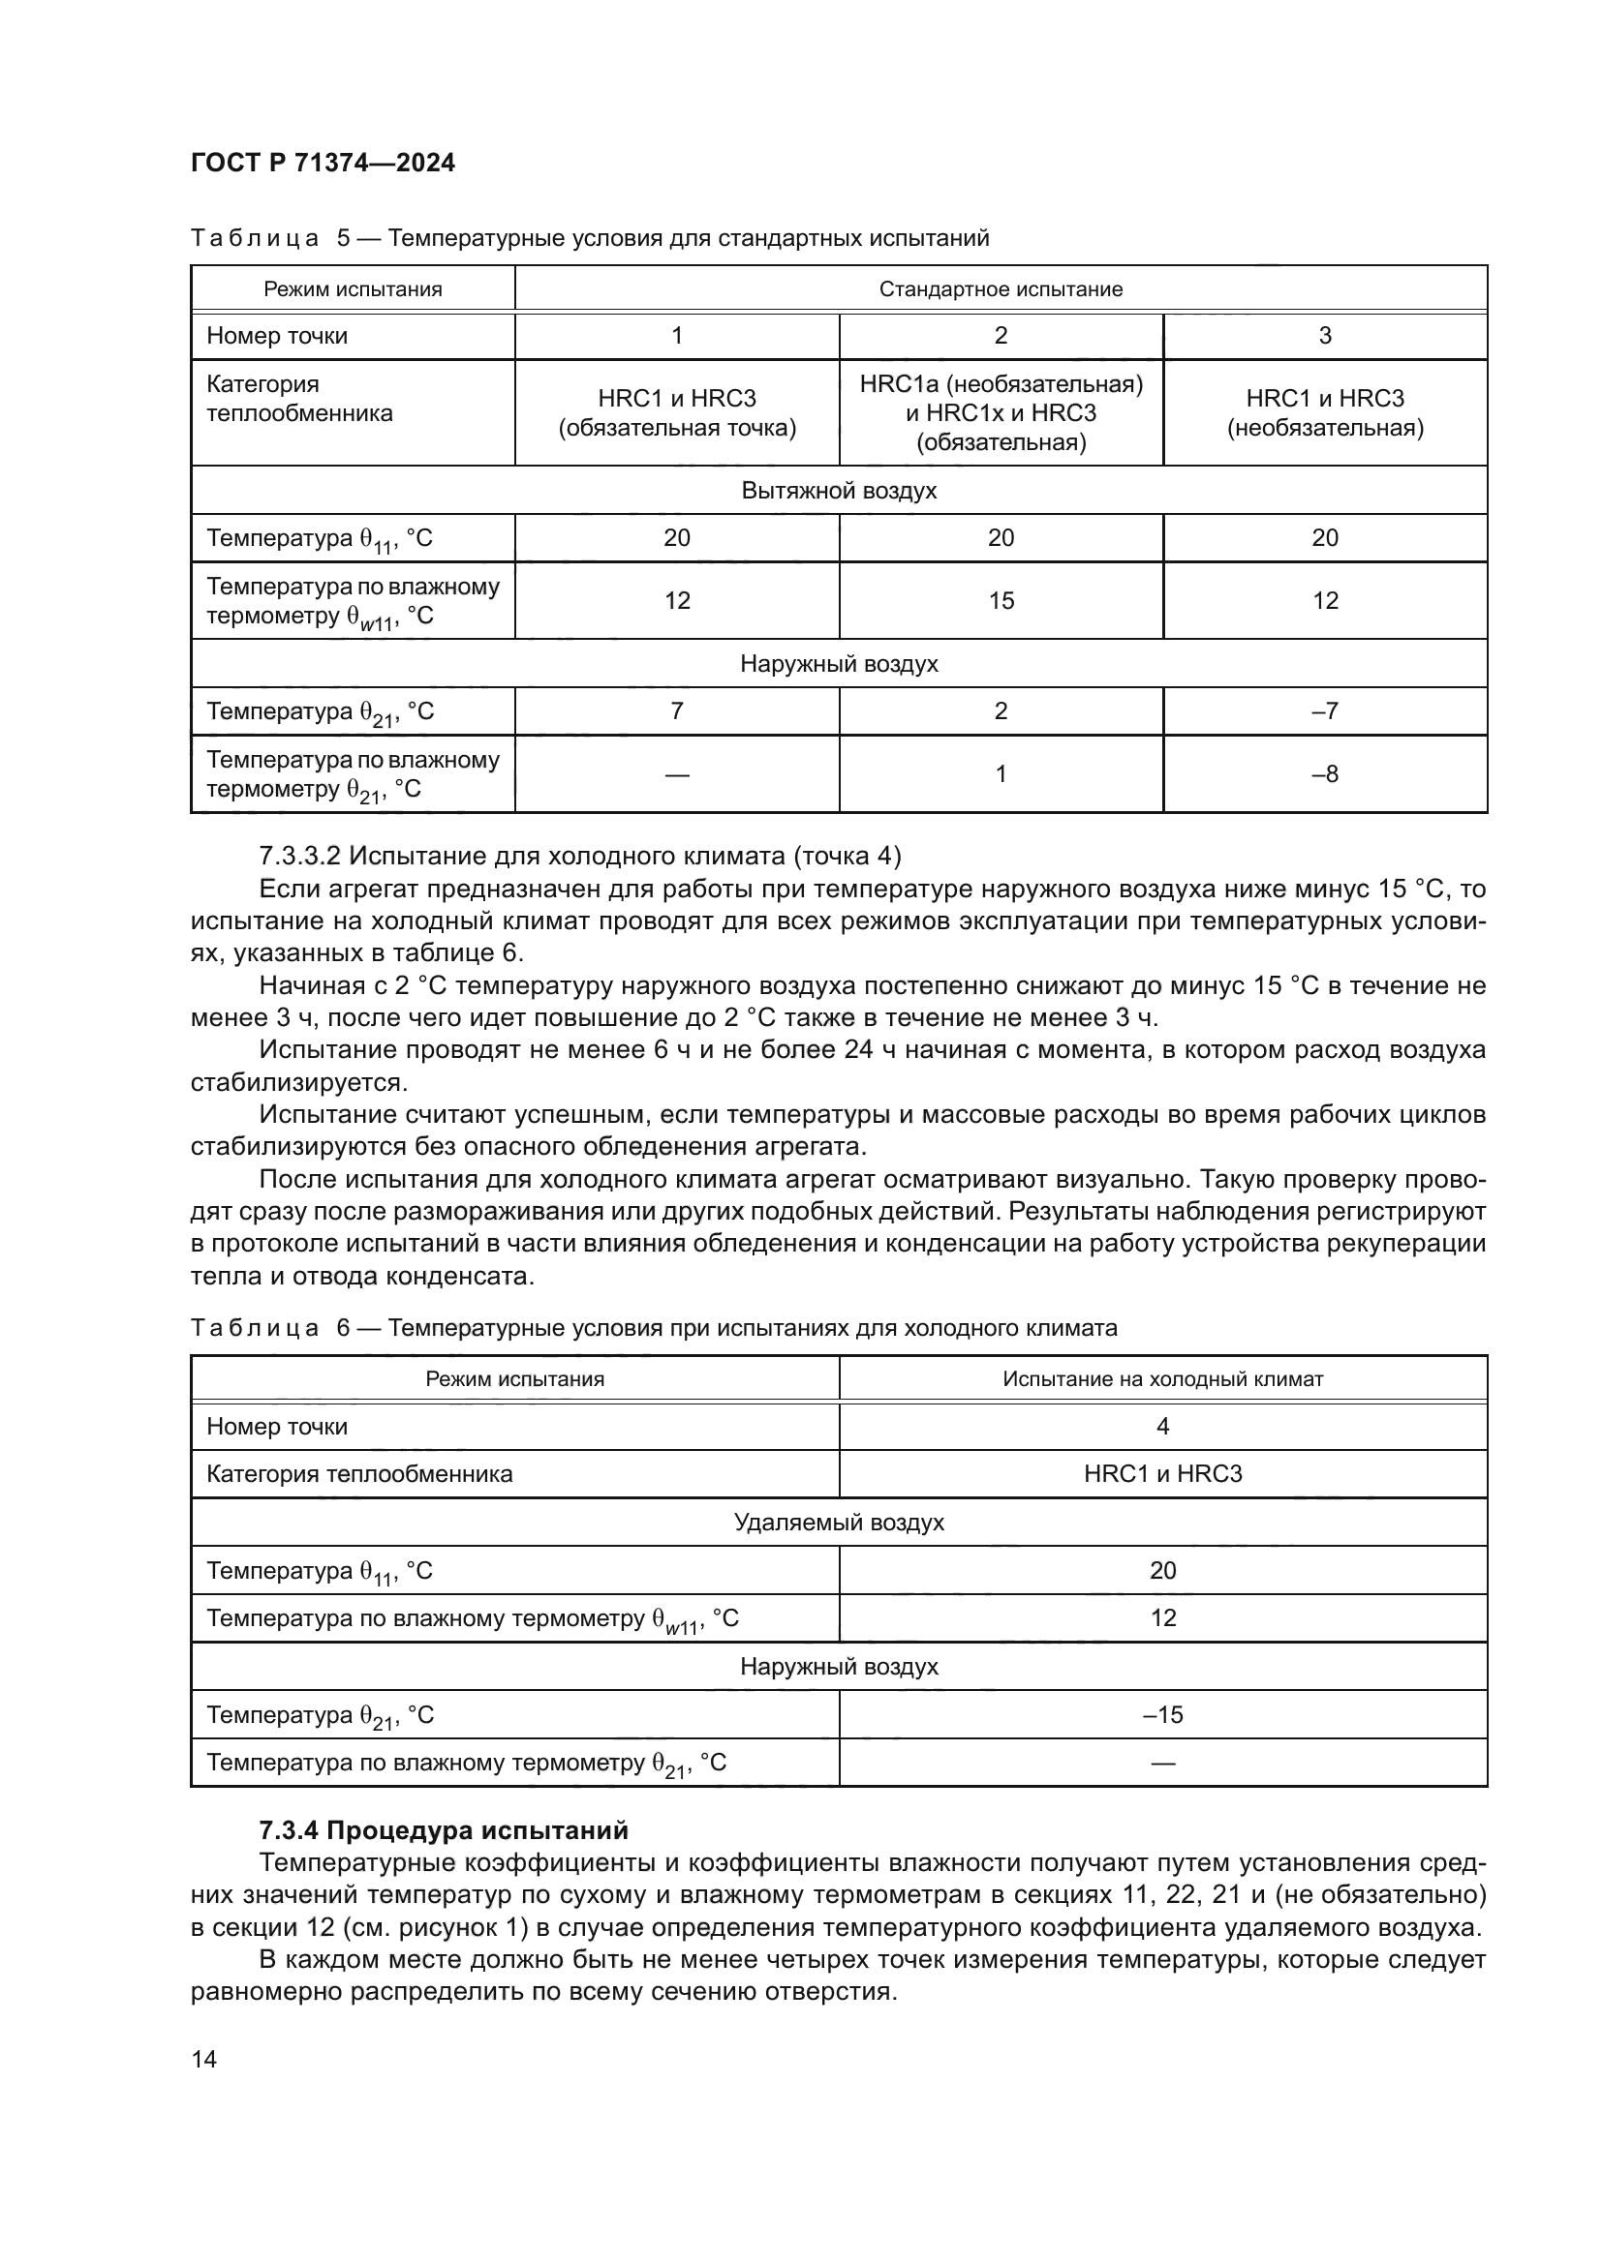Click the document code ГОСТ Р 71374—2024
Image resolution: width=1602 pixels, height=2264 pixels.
(x=323, y=164)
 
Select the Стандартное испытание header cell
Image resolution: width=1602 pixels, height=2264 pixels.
(x=1001, y=288)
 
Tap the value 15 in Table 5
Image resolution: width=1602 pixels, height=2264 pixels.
(x=1001, y=600)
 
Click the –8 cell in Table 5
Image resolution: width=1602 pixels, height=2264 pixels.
(x=1325, y=774)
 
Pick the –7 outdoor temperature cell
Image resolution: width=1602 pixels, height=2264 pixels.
(x=1325, y=711)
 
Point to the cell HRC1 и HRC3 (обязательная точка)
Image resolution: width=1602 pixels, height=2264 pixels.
(x=677, y=413)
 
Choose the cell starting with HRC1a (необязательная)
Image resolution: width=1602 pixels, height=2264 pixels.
(x=1001, y=413)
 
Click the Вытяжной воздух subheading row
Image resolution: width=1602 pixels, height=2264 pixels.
(x=839, y=490)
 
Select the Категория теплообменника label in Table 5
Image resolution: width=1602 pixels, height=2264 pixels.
(x=299, y=399)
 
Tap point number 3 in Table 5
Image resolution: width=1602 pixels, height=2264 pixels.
(x=1325, y=335)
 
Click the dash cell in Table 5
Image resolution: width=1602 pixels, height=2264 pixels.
(x=677, y=774)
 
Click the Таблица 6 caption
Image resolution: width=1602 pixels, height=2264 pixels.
(x=653, y=1328)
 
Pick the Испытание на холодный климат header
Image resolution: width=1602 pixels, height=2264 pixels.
(x=1162, y=1378)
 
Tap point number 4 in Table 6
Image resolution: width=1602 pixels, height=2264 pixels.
(x=1162, y=1426)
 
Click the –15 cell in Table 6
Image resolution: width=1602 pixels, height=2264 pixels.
(x=1162, y=1715)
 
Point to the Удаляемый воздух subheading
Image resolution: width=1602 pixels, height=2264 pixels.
(x=839, y=1523)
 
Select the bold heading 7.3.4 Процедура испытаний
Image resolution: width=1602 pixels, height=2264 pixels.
(x=443, y=1831)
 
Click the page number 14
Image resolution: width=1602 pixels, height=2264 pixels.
(x=204, y=2059)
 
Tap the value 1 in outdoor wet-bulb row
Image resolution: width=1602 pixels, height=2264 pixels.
(x=1001, y=774)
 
